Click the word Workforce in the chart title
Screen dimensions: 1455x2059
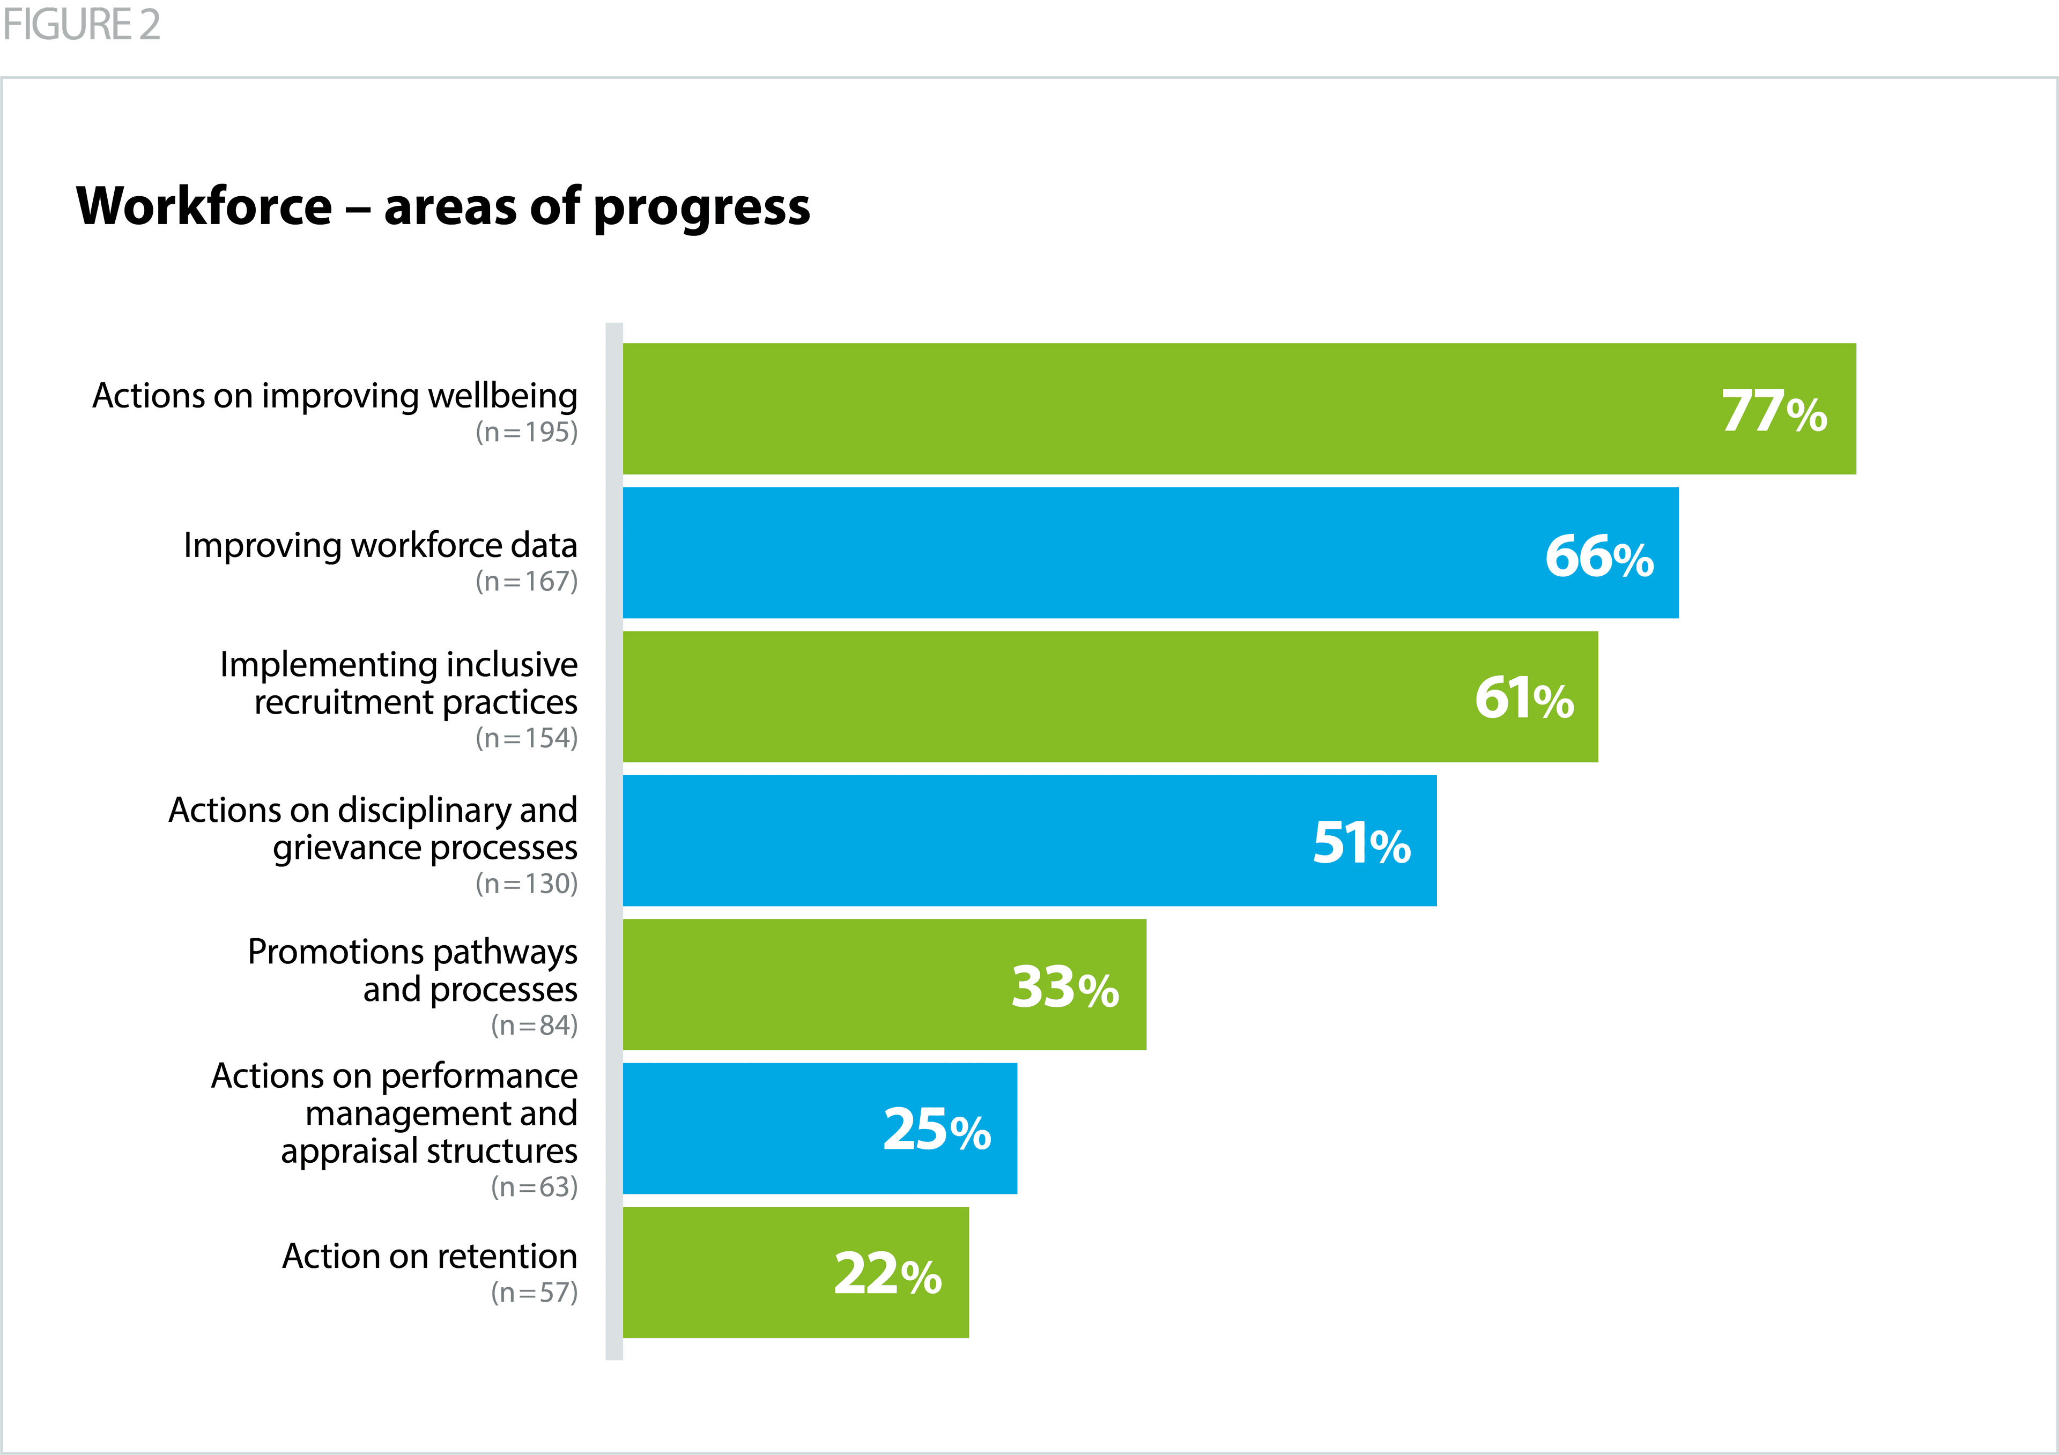pyautogui.click(x=204, y=207)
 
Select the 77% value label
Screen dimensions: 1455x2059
pyautogui.click(x=1774, y=412)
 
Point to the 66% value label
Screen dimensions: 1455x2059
pyautogui.click(x=1599, y=556)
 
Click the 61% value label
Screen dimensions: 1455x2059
pyautogui.click(x=1524, y=699)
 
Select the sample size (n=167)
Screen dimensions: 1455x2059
pyautogui.click(x=527, y=582)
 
